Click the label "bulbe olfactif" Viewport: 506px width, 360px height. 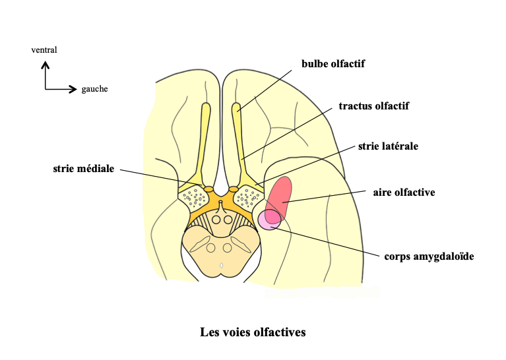pos(333,64)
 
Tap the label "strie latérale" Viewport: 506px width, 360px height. pos(389,146)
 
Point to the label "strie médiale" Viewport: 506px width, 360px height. pos(84,169)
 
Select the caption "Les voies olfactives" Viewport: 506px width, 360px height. pos(253,332)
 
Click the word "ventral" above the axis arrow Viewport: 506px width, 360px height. pos(44,49)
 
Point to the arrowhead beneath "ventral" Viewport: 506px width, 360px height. pos(46,65)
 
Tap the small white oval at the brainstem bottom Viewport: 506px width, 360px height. pos(221,265)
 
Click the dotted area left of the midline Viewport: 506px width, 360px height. pos(193,196)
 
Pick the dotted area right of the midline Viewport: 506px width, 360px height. pos(249,196)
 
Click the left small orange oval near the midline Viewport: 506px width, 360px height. pos(208,189)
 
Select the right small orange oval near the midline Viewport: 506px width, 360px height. pos(233,189)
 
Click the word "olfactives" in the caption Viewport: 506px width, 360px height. pos(280,332)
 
